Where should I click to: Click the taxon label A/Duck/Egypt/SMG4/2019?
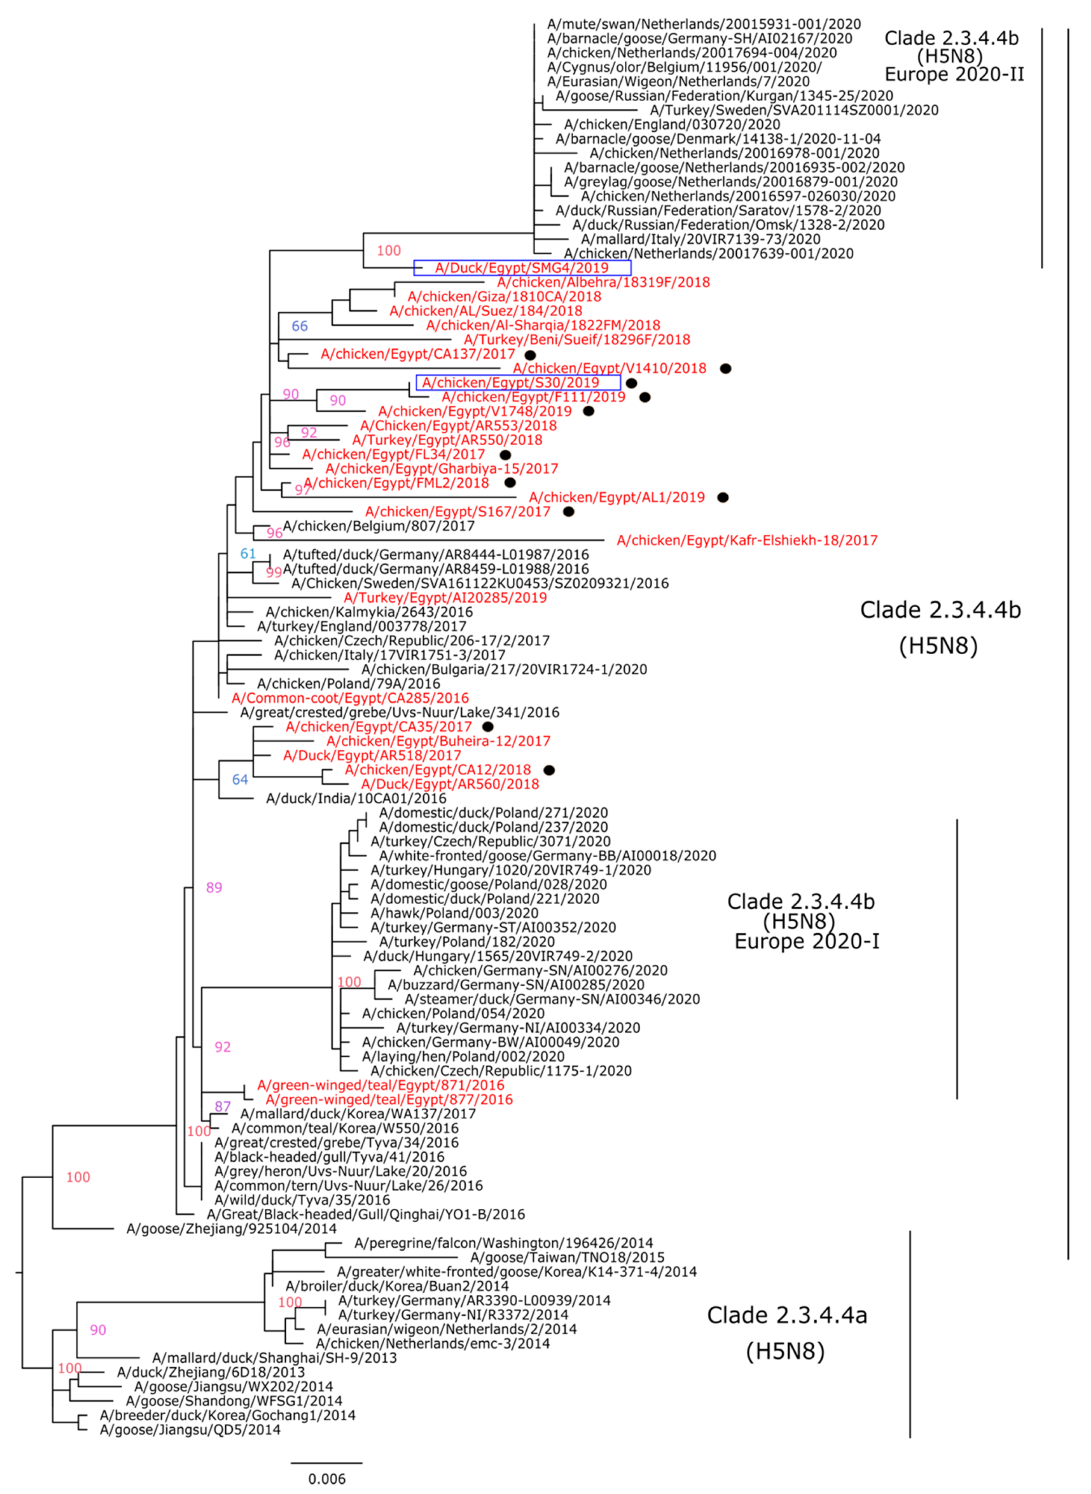pos(522,268)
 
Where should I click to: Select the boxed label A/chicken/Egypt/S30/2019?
pos(511,383)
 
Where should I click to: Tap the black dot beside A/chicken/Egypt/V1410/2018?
pos(726,369)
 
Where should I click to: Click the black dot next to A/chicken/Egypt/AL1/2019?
pos(723,497)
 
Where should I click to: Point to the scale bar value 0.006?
pos(327,1478)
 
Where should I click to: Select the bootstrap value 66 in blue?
pos(300,326)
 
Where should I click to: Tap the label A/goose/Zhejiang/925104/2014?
pos(231,1228)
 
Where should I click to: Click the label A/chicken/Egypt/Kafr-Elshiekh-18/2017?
pos(747,541)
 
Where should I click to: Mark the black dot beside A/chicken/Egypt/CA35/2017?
pos(487,727)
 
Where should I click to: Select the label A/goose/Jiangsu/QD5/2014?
pos(190,1430)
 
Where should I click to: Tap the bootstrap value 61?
pos(248,554)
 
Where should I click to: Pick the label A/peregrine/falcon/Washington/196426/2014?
pos(503,1243)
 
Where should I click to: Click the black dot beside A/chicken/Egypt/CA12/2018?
pos(548,770)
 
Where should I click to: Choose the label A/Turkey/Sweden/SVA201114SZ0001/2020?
pos(794,110)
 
